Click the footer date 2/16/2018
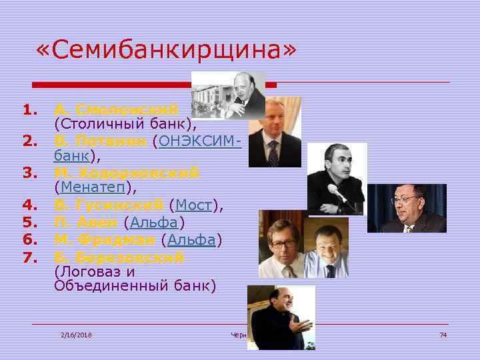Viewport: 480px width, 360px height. [x=75, y=334]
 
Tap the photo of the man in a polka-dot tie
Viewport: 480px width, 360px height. [x=274, y=133]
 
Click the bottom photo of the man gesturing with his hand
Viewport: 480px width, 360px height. [x=281, y=317]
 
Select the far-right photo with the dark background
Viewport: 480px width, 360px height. [x=407, y=208]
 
